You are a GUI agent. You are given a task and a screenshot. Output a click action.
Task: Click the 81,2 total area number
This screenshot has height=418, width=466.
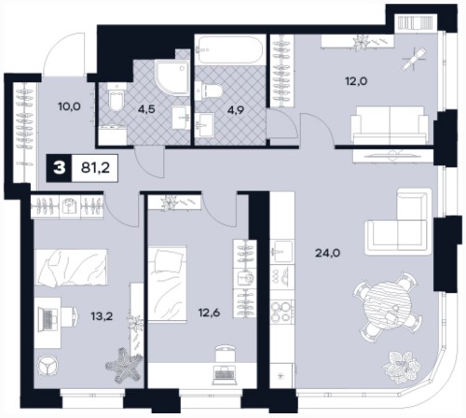tap(95, 168)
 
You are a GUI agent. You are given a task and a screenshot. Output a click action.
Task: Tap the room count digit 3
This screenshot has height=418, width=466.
tap(60, 168)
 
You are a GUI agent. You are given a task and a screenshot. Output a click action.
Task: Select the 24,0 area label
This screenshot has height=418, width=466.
tap(327, 253)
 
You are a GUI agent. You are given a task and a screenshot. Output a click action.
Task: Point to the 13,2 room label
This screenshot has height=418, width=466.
tap(102, 316)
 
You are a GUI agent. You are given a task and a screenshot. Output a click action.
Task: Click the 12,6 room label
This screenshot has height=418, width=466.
tap(209, 313)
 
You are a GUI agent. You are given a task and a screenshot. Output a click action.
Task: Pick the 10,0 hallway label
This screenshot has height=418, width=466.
tap(69, 106)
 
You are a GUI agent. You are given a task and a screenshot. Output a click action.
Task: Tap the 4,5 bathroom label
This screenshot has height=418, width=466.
tap(146, 109)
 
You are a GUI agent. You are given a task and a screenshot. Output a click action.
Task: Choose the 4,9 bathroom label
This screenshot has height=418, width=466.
tap(236, 109)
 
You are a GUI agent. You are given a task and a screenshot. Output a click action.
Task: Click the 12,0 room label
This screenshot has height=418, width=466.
tap(356, 81)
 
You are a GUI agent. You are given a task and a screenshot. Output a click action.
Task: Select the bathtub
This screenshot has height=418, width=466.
tap(230, 49)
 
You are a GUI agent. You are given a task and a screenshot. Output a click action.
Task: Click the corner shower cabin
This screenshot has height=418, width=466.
tap(172, 77)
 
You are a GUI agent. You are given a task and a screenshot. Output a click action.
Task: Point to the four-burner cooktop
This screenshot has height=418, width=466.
tap(281, 312)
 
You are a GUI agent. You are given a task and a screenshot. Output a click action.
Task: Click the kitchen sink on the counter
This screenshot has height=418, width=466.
tap(281, 251)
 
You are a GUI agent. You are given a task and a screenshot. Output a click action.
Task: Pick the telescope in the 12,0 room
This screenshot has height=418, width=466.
tap(414, 59)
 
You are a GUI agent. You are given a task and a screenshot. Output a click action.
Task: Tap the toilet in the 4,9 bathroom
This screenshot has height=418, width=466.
tap(209, 91)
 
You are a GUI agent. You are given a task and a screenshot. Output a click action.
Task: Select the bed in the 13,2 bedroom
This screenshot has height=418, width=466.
tap(71, 267)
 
